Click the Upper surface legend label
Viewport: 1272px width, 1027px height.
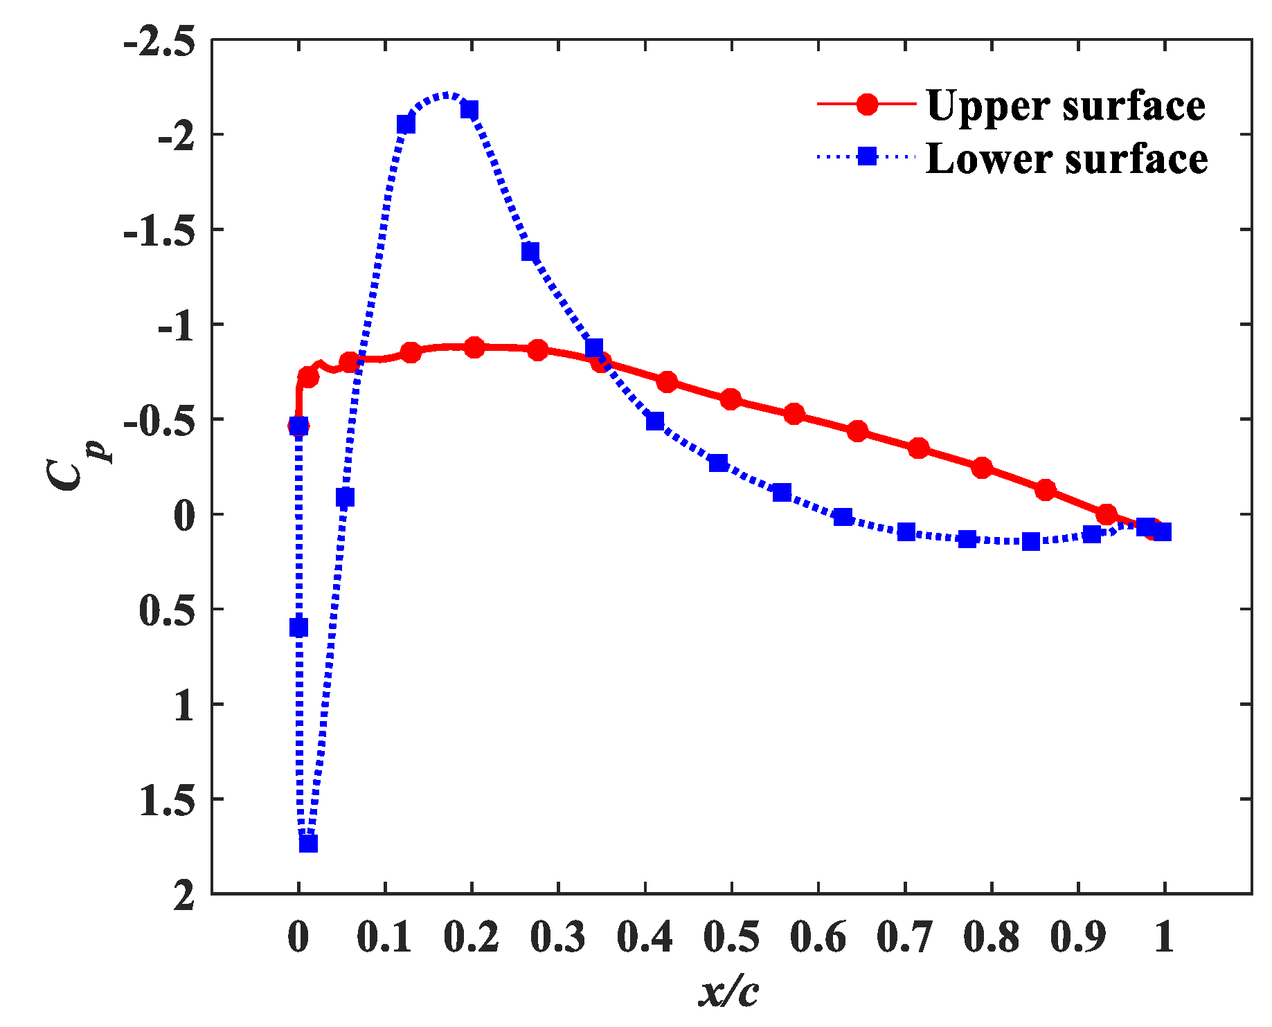pos(1066,106)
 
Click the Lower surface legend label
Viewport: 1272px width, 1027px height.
pos(1066,158)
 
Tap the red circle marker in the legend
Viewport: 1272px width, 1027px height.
pos(867,104)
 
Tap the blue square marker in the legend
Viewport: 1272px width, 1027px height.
pos(867,156)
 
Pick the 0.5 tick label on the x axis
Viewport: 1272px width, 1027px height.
pos(731,938)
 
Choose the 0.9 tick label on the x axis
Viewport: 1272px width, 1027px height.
pos(1078,938)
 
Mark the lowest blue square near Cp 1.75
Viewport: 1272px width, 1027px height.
pos(308,844)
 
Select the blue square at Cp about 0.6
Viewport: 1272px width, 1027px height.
pos(298,628)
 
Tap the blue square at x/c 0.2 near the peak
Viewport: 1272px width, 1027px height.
pos(469,110)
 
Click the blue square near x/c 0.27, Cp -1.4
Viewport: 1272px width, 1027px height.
pos(530,252)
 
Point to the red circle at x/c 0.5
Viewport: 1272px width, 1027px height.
pos(731,399)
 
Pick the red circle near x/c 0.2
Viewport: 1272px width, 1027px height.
pos(474,347)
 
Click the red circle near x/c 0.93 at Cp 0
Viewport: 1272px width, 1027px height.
pos(1107,514)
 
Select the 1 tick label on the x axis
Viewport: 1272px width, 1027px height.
pos(1164,938)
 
